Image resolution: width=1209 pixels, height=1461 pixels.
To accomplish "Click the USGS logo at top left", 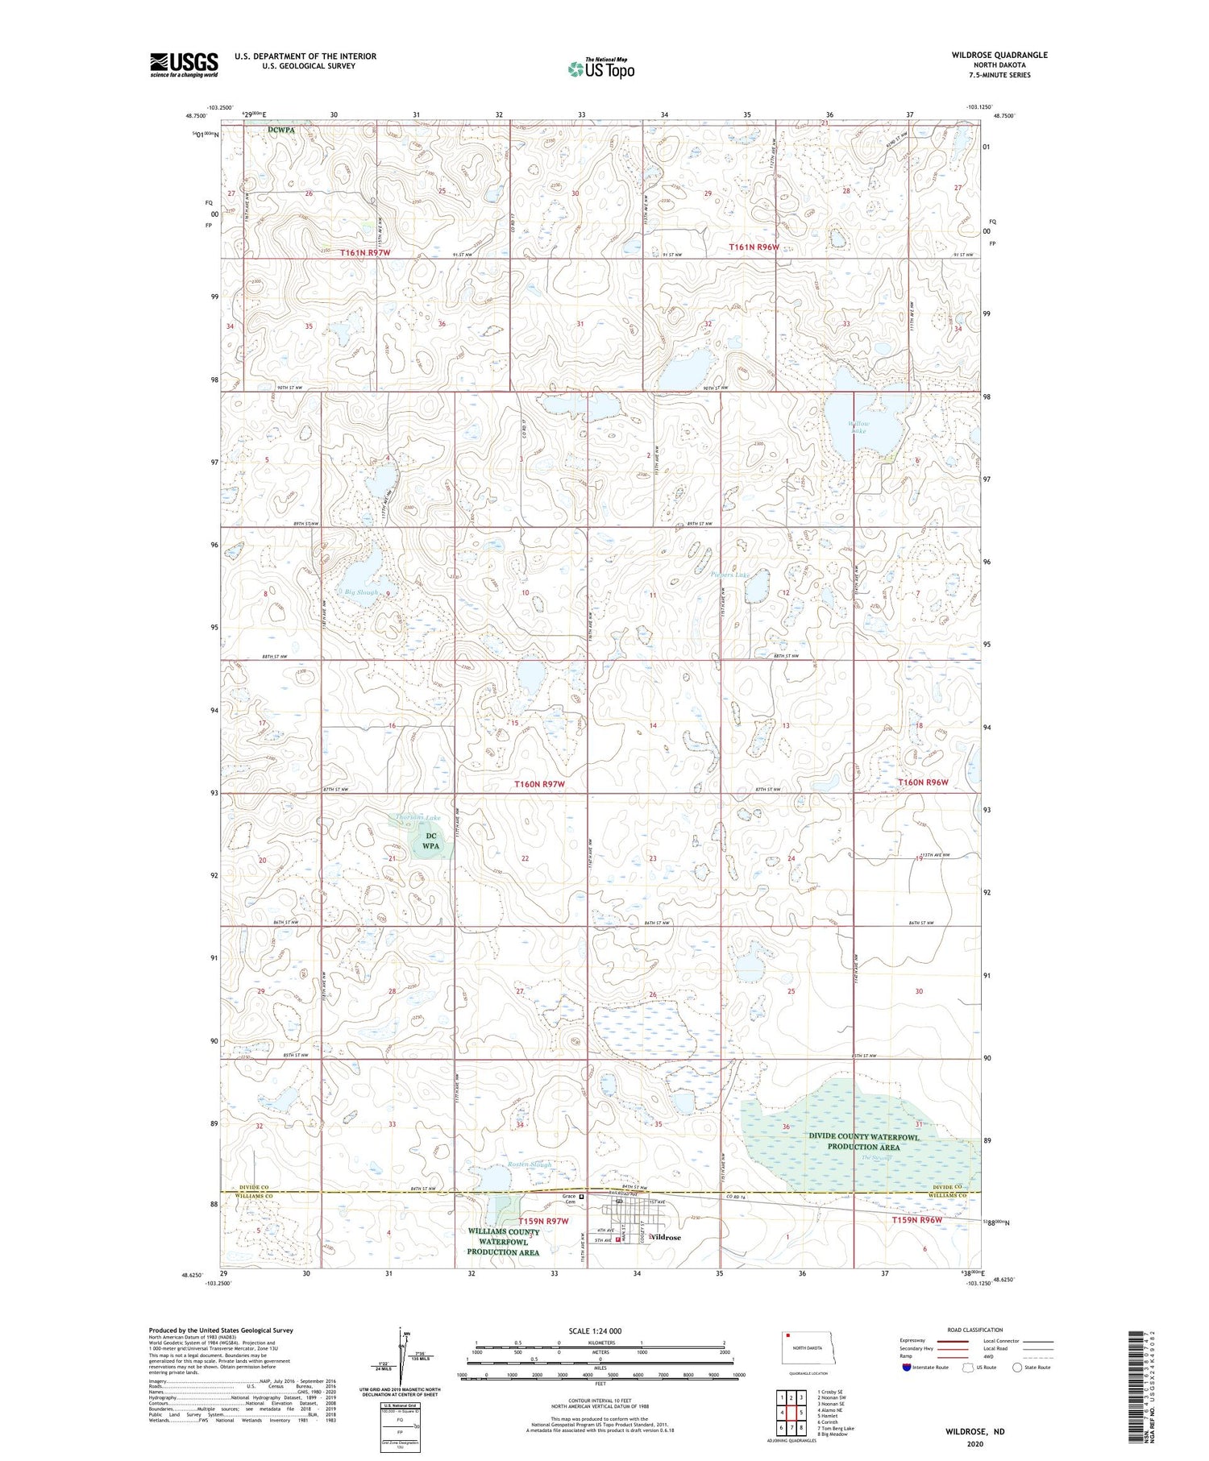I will coord(184,64).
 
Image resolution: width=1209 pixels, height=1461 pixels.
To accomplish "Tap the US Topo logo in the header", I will coord(600,69).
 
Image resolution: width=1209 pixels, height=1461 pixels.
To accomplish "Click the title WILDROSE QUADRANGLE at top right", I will coord(999,55).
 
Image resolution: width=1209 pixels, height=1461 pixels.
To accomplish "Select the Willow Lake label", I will coord(858,427).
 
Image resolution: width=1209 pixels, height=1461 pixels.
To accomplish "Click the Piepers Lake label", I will coord(730,575).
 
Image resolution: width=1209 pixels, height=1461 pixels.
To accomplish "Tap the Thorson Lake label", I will coord(418,818).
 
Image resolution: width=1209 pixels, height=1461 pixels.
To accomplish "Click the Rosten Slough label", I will coord(530,1164).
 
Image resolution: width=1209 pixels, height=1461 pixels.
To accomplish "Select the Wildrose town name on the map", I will coord(666,1237).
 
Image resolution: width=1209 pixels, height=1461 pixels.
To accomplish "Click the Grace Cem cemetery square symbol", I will coord(581,1197).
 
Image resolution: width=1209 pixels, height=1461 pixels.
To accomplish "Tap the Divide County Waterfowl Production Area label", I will coord(863,1141).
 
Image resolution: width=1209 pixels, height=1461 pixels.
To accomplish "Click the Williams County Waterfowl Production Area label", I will coord(504,1242).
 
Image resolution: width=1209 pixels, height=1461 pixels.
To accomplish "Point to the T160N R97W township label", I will coord(539,783).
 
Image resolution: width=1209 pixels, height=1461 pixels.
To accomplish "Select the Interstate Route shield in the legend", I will coord(907,1368).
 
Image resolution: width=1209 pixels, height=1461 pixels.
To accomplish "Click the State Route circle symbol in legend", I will coord(1017,1368).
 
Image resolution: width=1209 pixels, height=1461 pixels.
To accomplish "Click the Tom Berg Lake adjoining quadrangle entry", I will coord(836,1428).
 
